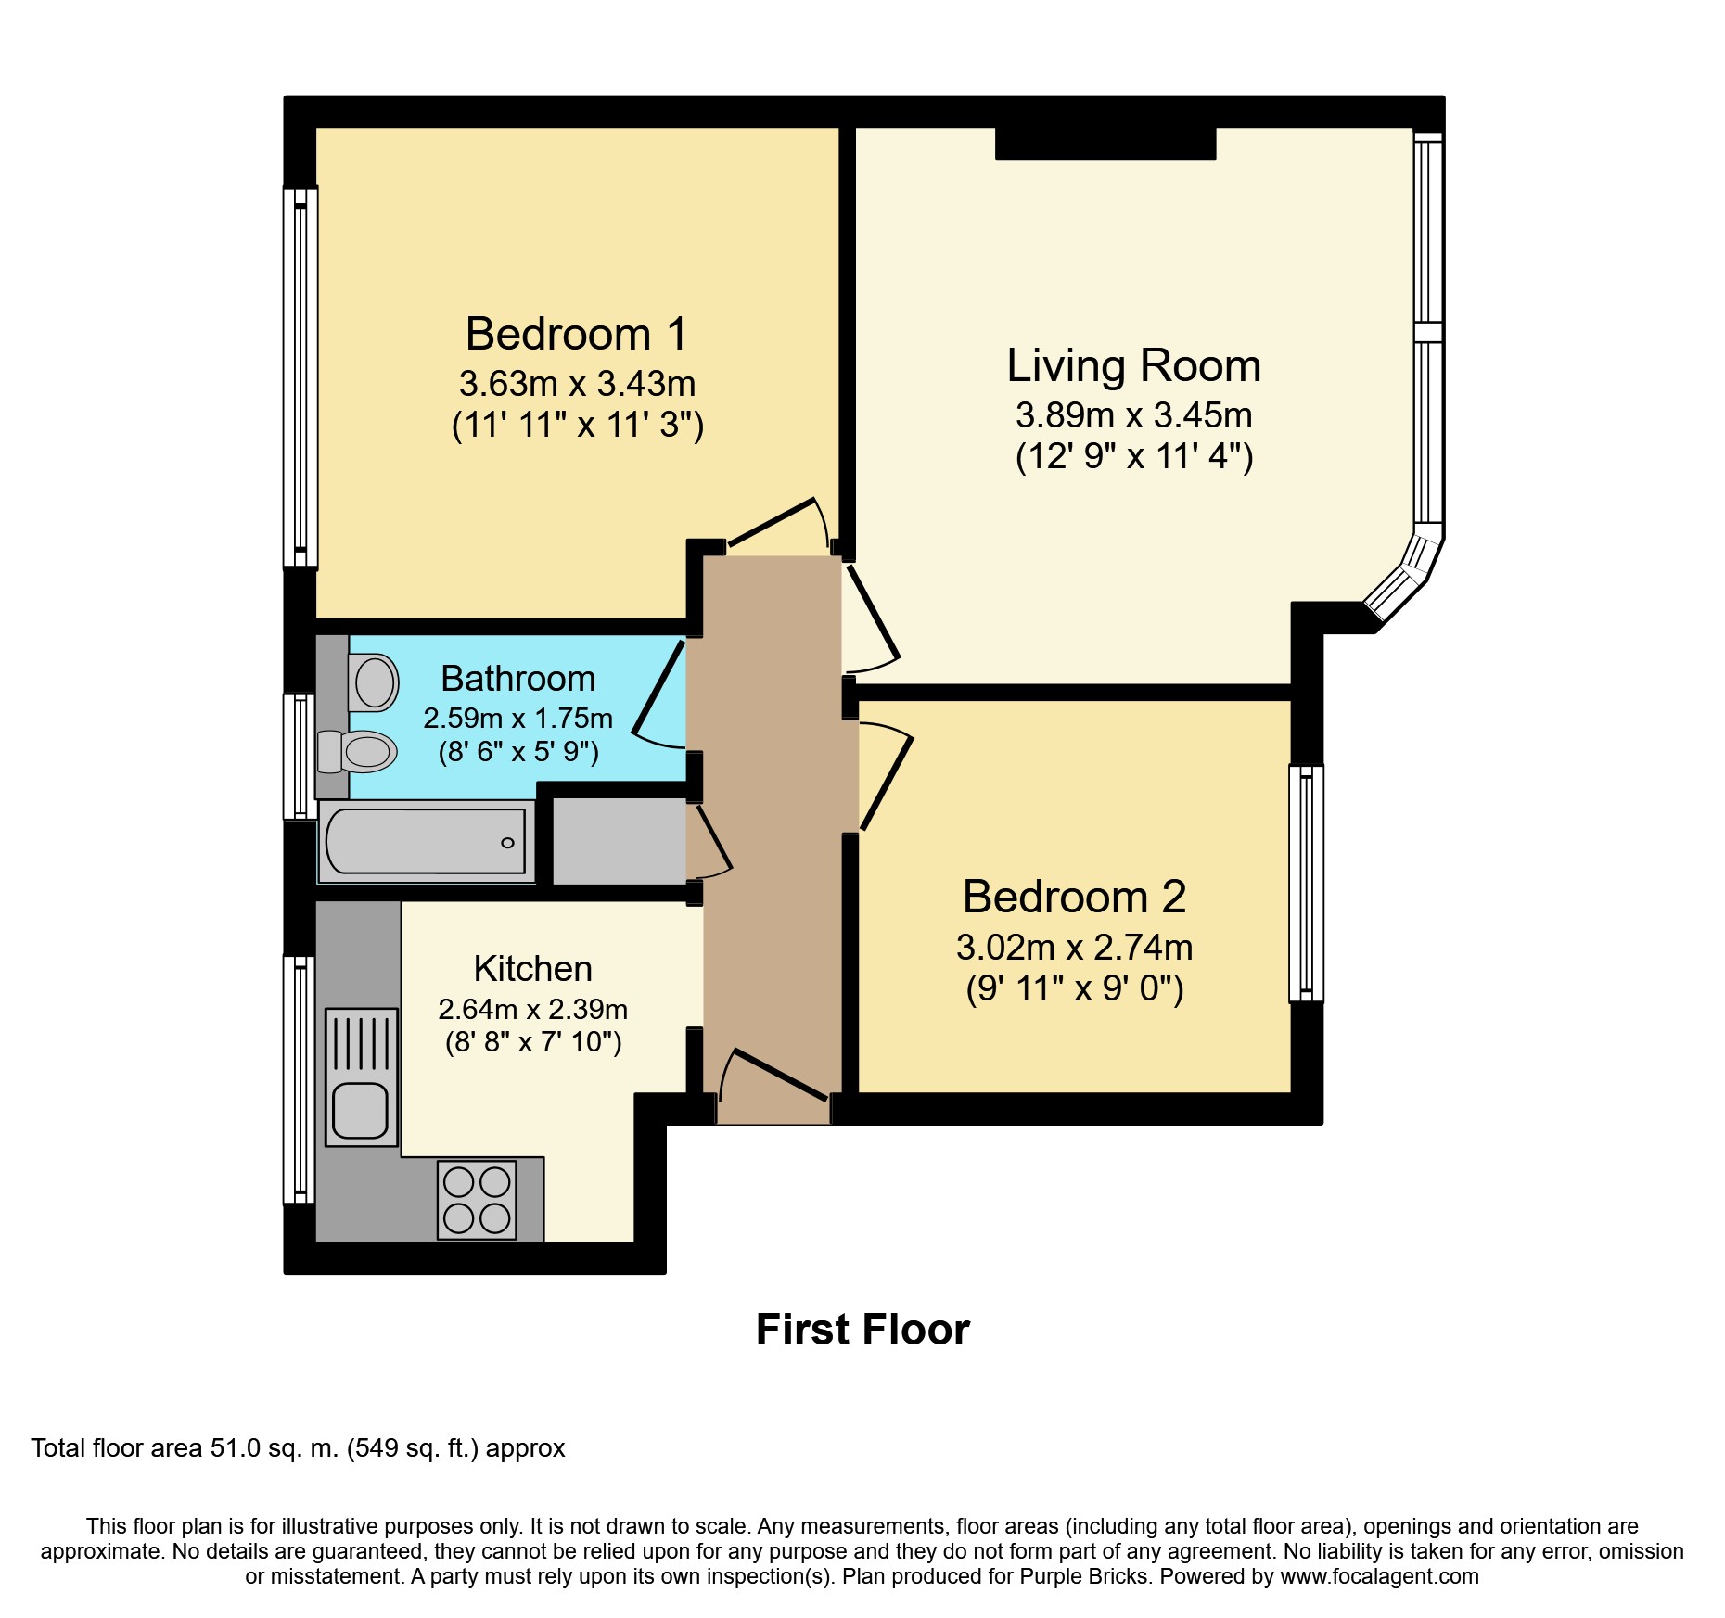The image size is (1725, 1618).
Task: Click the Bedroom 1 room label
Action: [576, 334]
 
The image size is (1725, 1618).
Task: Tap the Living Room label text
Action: [1133, 365]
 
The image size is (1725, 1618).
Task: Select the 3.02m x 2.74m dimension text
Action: [1074, 948]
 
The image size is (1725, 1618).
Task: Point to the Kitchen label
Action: [532, 969]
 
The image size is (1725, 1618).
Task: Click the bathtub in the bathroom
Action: [426, 842]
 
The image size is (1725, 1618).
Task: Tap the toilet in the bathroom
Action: [359, 752]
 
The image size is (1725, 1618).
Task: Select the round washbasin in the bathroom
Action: [375, 683]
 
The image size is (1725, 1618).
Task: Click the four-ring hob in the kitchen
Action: [477, 1200]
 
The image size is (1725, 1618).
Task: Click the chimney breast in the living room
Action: [1105, 144]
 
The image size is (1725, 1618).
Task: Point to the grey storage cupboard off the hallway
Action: [619, 841]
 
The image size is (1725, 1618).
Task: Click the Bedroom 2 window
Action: [1306, 883]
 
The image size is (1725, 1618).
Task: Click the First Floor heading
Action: [862, 1330]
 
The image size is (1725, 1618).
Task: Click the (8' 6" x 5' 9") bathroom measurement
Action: [518, 751]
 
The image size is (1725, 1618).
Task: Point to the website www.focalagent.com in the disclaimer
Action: [1379, 1576]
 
